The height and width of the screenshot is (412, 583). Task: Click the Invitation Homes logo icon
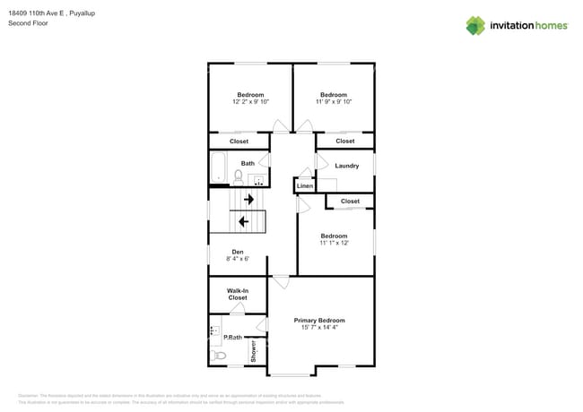(x=475, y=25)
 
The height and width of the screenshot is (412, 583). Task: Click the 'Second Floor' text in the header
(x=27, y=23)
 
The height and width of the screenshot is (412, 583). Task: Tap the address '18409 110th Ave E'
(x=37, y=13)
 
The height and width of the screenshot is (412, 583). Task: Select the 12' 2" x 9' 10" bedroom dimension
(x=250, y=102)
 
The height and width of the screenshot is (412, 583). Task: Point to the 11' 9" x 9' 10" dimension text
(x=334, y=102)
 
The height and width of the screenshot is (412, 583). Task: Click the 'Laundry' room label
(x=346, y=166)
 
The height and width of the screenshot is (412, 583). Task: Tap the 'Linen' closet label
(x=305, y=186)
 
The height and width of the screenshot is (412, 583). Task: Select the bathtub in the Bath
(x=218, y=168)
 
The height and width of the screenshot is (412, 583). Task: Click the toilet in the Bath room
(x=239, y=176)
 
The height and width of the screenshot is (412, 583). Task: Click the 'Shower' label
(x=255, y=350)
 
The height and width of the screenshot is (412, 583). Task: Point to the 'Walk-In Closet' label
(x=237, y=294)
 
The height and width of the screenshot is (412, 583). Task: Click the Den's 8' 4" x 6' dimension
(x=238, y=259)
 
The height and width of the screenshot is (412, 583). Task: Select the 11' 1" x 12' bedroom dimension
(x=334, y=243)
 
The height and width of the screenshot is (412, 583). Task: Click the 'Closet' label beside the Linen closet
(x=350, y=202)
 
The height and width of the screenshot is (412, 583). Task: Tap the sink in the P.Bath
(x=214, y=331)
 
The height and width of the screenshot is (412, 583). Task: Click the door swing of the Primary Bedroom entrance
(x=282, y=282)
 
